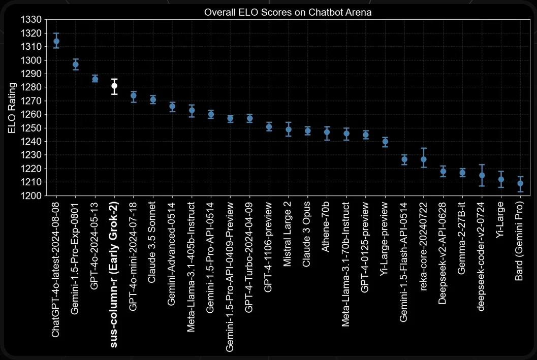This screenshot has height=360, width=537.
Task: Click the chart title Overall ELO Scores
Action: [x=288, y=12]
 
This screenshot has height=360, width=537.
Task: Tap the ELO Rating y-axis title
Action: [x=12, y=107]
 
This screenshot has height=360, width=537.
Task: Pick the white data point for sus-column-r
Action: [x=115, y=86]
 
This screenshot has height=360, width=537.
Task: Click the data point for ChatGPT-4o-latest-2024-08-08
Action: [x=56, y=41]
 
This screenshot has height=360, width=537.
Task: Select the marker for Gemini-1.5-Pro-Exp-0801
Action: [x=76, y=64]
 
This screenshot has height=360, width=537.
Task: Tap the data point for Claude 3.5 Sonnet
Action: [x=153, y=100]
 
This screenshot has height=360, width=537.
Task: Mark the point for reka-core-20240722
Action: [x=424, y=159]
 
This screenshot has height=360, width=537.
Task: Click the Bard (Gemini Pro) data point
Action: [x=520, y=184]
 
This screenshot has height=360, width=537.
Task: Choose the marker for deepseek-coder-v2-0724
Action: [x=482, y=176]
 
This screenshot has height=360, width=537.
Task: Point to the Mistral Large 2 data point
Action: [x=289, y=129]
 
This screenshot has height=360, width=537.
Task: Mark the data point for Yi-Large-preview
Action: [x=385, y=142]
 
